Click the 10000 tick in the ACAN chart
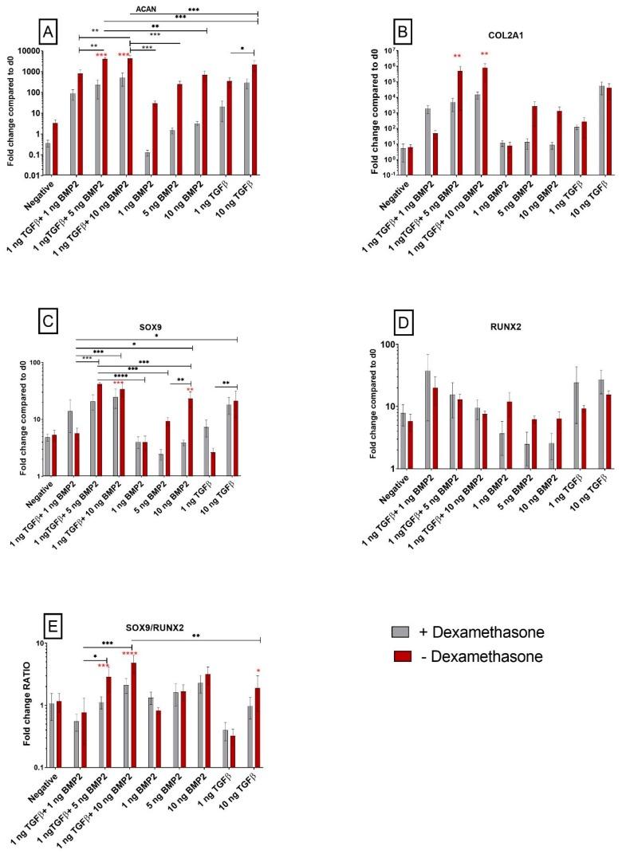[29, 50]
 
